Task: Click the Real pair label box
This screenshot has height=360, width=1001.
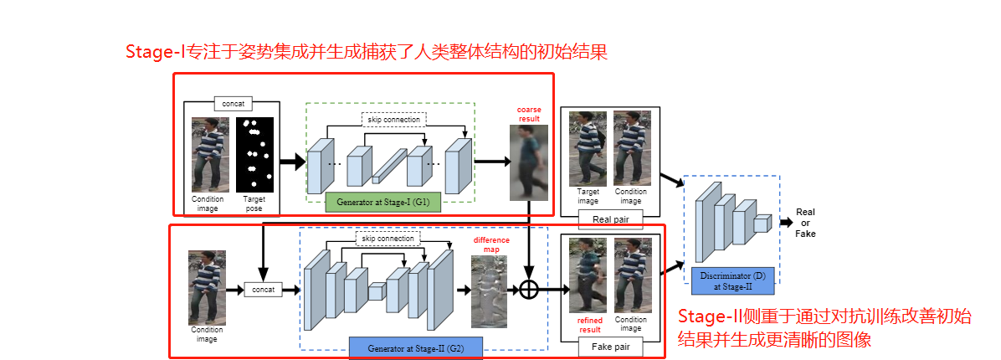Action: [610, 219]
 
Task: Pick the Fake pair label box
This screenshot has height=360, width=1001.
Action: [610, 346]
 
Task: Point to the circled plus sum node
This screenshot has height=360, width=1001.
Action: [528, 290]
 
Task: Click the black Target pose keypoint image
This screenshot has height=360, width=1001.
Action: [254, 155]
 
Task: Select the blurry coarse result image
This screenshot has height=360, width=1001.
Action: [528, 162]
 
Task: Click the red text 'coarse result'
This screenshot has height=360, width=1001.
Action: [529, 113]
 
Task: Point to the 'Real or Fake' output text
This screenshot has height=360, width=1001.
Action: [804, 223]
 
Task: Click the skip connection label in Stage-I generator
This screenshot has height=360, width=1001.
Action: [393, 119]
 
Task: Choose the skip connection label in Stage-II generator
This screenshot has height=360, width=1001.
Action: [388, 239]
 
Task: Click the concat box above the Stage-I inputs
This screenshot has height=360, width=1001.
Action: [232, 104]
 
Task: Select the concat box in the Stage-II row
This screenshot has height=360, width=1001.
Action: [264, 290]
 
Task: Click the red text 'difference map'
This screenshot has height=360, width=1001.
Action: [491, 244]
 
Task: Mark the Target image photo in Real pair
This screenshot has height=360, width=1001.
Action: [588, 150]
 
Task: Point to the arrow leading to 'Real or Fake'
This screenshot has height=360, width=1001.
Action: [785, 223]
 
